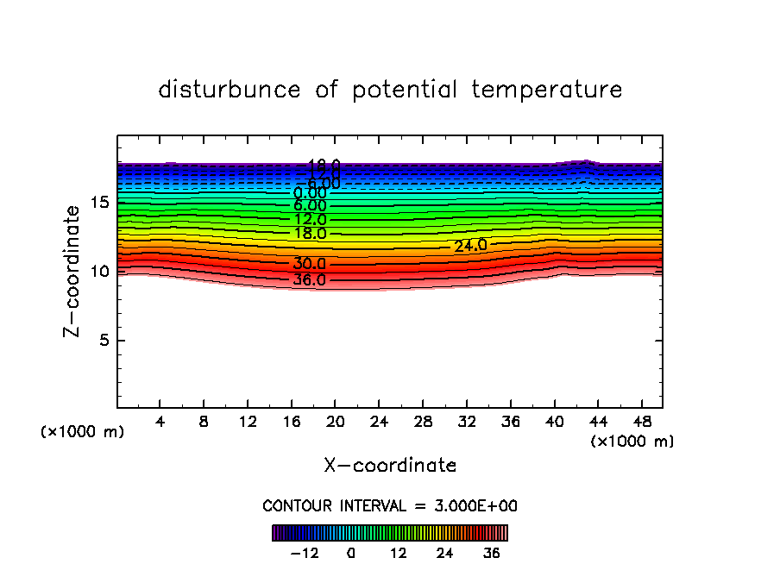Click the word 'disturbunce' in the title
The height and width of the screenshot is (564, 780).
(230, 90)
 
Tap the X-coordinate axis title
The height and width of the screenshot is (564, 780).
(390, 466)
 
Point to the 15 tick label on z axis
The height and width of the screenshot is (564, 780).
(98, 203)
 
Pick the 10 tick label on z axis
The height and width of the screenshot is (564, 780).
(98, 272)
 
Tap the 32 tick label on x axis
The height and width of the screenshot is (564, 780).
(467, 423)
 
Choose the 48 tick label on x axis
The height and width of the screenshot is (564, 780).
(641, 423)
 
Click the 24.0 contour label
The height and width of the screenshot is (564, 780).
(470, 246)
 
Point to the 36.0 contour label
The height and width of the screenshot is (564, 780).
(309, 280)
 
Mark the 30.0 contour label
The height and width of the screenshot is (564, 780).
(309, 264)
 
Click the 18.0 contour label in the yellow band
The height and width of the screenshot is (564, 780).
(310, 234)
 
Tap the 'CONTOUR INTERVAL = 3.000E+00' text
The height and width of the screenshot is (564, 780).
(390, 505)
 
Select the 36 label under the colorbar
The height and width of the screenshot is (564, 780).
(492, 554)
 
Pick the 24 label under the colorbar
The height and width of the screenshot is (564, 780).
(445, 554)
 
